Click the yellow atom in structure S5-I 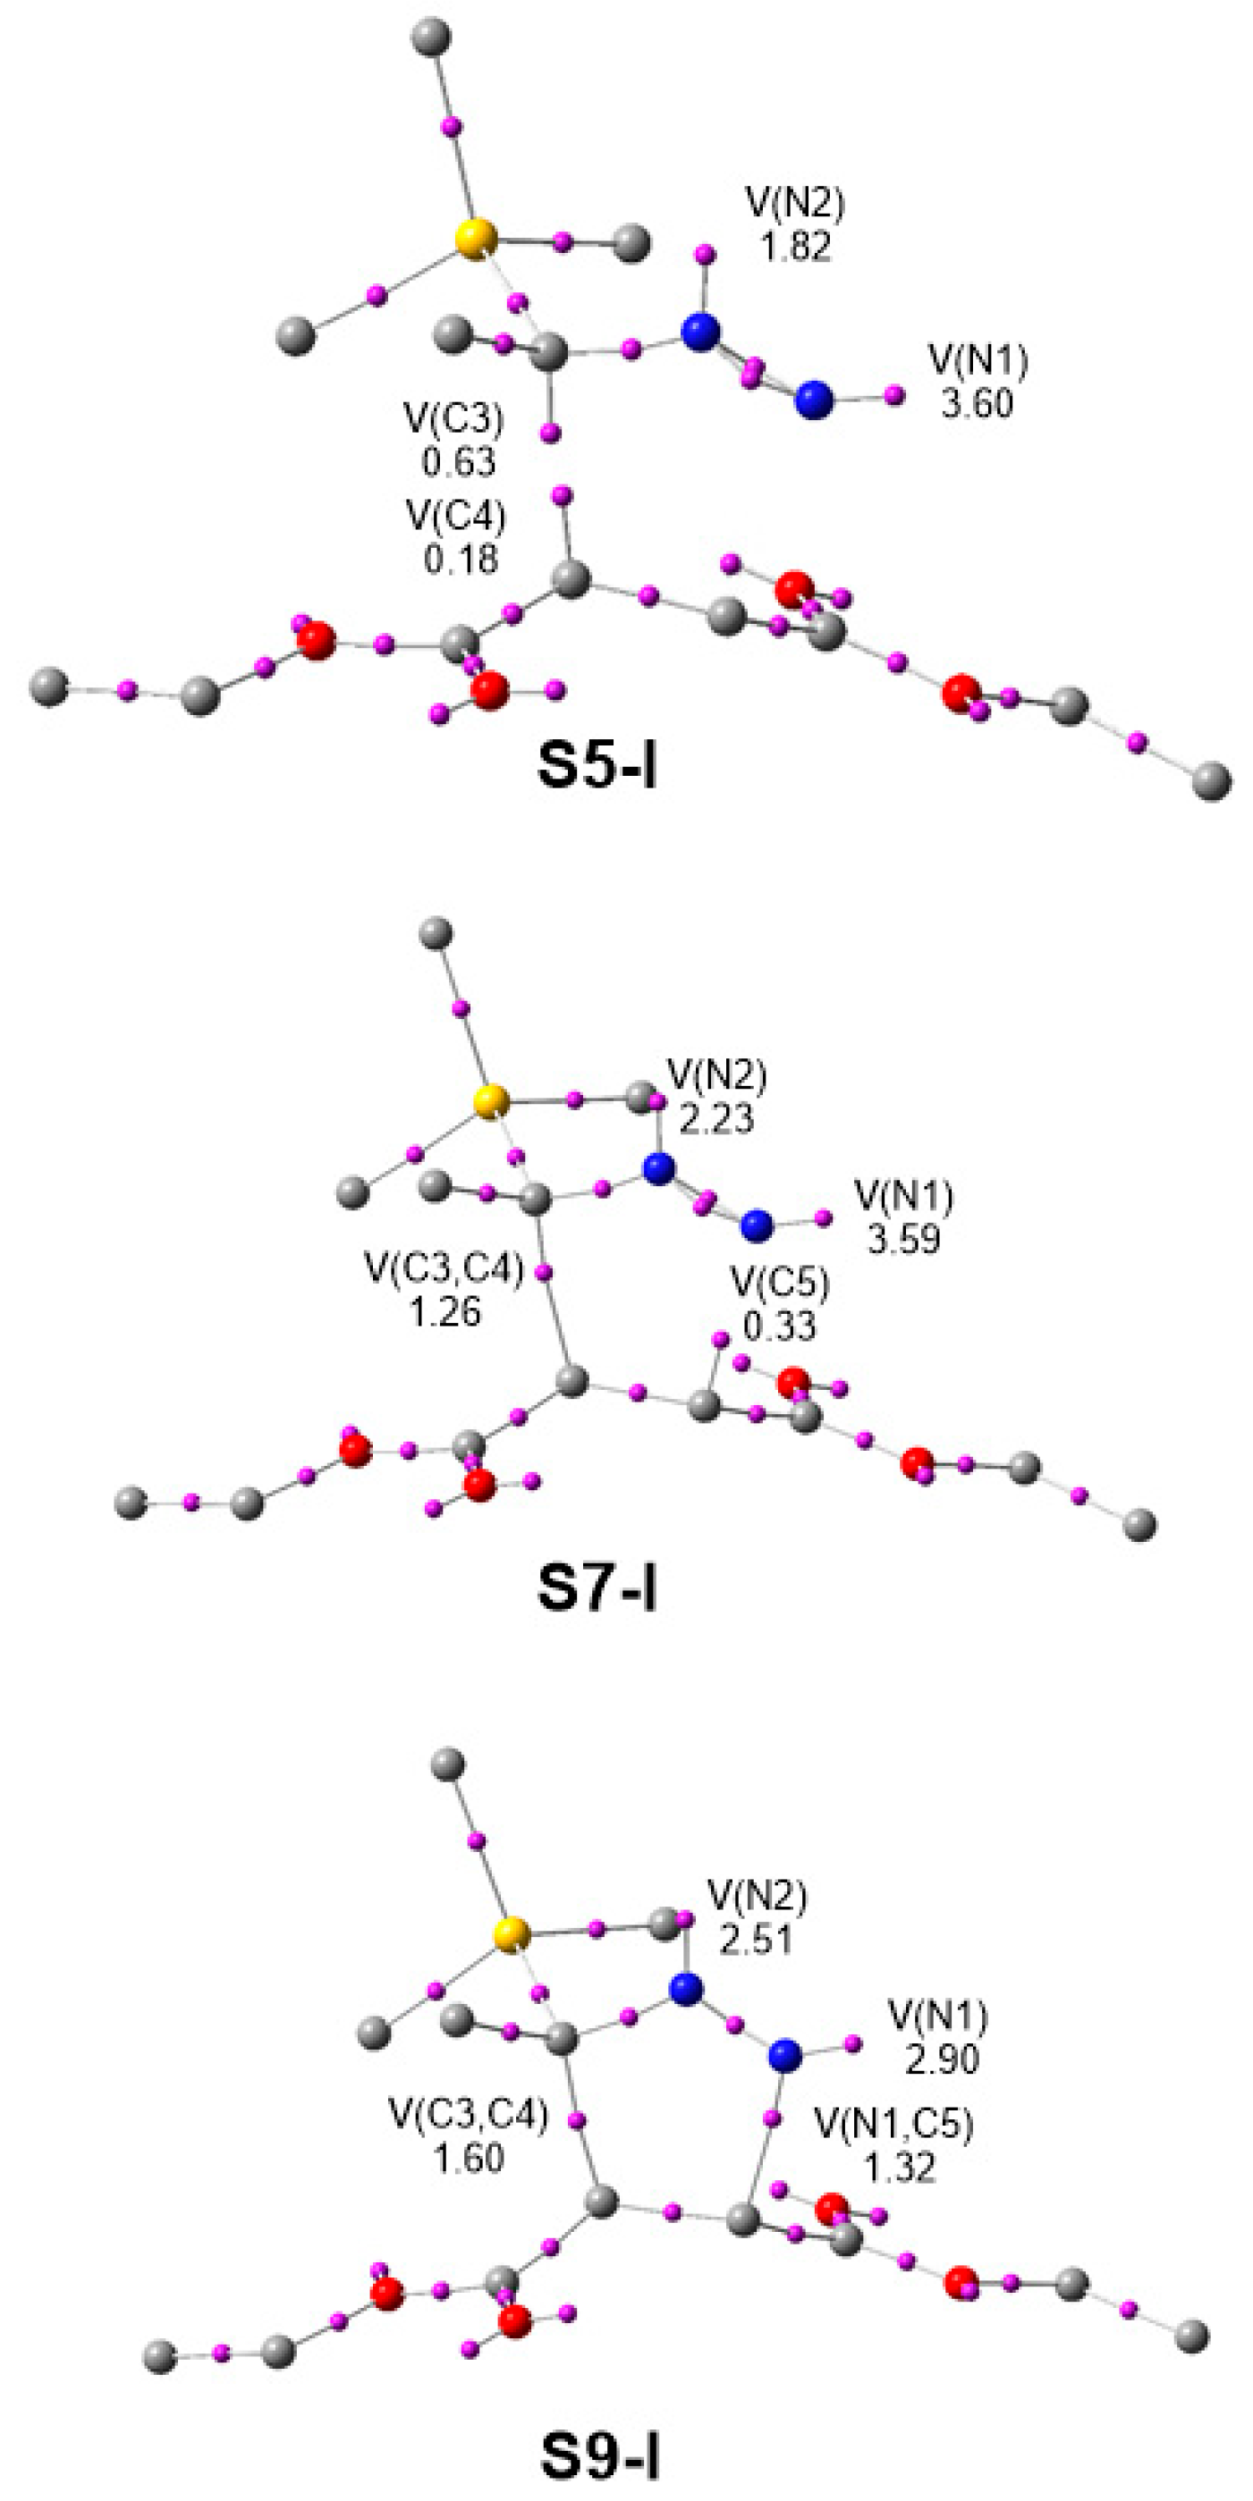pyautogui.click(x=475, y=239)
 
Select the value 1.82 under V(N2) pyautogui.click(x=795, y=247)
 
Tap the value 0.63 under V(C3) pyautogui.click(x=459, y=461)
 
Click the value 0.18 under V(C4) pyautogui.click(x=461, y=559)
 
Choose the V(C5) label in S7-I pyautogui.click(x=780, y=1284)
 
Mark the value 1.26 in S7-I pyautogui.click(x=444, y=1311)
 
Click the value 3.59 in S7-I pyautogui.click(x=903, y=1239)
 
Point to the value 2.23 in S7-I pyautogui.click(x=717, y=1119)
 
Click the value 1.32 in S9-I pyautogui.click(x=902, y=2166)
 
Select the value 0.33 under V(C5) pyautogui.click(x=780, y=1326)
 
